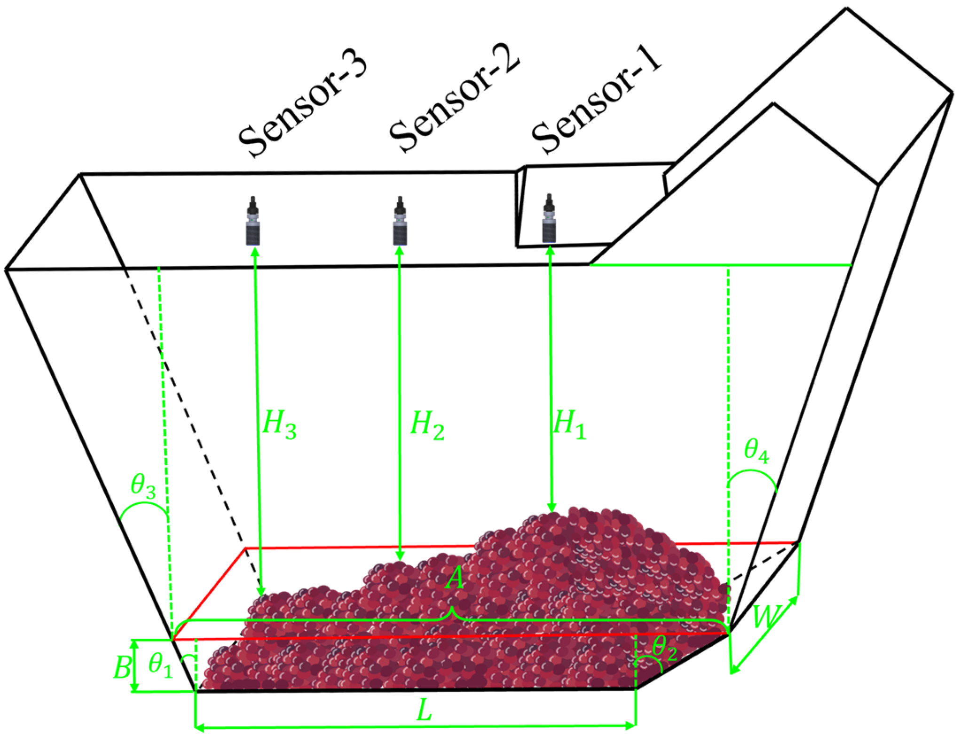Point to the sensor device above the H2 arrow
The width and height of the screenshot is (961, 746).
(x=400, y=221)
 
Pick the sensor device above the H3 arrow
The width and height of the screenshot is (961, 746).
(x=253, y=221)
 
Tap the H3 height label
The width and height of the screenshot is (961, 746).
(x=279, y=424)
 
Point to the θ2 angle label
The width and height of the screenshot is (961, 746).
(x=664, y=648)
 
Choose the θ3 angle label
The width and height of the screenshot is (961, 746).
(x=143, y=486)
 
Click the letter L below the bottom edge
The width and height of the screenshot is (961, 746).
(x=424, y=710)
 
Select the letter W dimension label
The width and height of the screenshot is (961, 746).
(x=766, y=617)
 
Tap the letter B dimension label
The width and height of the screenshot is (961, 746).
(x=122, y=667)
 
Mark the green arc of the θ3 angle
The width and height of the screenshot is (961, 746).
(x=143, y=504)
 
